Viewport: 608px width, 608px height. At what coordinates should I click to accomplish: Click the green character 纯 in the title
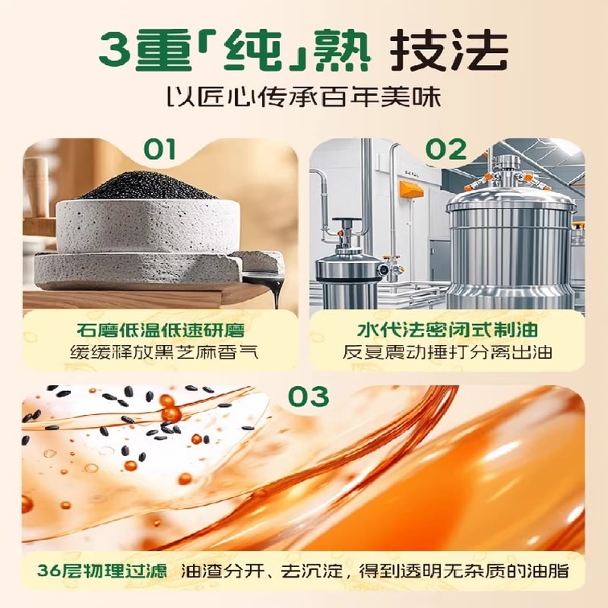(253, 51)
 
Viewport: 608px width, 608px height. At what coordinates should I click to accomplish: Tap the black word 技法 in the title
(449, 51)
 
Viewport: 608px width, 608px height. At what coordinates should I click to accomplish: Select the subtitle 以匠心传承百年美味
(304, 97)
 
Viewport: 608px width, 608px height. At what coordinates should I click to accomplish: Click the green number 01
(159, 150)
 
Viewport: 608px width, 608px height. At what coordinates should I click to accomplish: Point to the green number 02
(446, 150)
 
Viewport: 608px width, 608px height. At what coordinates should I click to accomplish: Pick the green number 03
(309, 396)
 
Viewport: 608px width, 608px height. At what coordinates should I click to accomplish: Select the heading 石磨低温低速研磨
(161, 331)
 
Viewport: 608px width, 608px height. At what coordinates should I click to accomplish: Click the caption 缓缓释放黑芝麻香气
(164, 353)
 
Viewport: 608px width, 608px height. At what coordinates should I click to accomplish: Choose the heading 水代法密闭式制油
(447, 331)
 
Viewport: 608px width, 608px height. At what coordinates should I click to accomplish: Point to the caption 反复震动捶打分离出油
(447, 352)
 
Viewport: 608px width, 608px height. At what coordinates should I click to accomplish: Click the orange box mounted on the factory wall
(412, 190)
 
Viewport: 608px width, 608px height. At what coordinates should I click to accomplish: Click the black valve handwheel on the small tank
(347, 221)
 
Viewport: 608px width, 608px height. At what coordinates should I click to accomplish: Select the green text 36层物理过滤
(102, 571)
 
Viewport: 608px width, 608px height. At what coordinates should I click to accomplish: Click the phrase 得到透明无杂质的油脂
(464, 571)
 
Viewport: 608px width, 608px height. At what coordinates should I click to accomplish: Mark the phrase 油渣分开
(223, 571)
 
